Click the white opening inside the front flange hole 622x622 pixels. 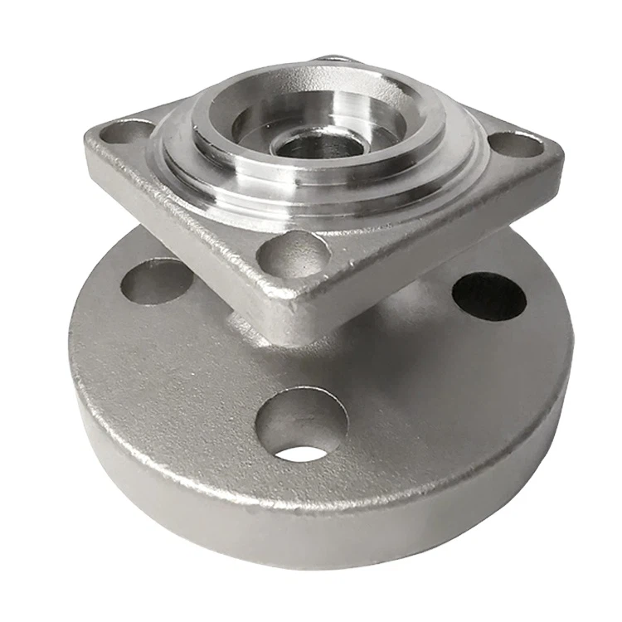point(300,453)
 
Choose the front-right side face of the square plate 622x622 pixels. point(431,249)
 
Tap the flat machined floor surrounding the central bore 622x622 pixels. point(357,158)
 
